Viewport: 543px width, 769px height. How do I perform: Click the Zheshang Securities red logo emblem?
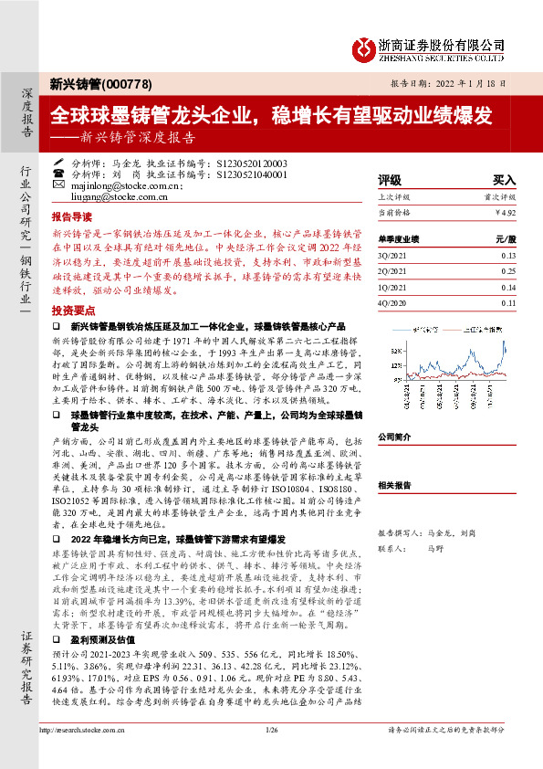click(x=365, y=46)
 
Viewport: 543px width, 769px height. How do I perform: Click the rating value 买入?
click(x=505, y=181)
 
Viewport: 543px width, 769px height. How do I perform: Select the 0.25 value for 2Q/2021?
click(x=507, y=272)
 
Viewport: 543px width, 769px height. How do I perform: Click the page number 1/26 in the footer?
click(x=270, y=756)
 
